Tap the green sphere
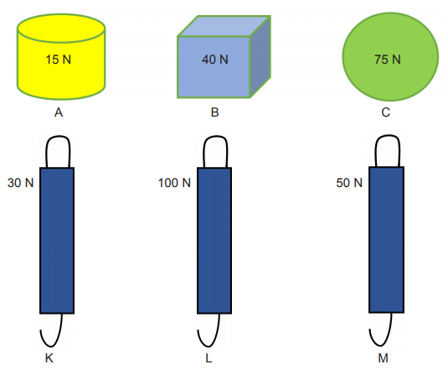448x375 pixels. click(390, 57)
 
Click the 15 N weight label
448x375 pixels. click(59, 60)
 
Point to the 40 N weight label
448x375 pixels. click(215, 60)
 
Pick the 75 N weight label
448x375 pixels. click(388, 60)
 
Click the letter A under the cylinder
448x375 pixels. click(59, 112)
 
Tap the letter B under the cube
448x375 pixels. click(215, 112)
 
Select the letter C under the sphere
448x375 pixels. click(386, 112)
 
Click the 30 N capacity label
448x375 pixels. click(21, 183)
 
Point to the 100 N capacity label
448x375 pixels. click(174, 183)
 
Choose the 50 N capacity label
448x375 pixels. click(349, 183)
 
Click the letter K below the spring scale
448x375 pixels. click(49, 358)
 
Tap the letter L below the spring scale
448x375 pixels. click(209, 358)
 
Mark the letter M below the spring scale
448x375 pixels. click(384, 358)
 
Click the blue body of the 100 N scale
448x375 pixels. click(214, 241)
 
